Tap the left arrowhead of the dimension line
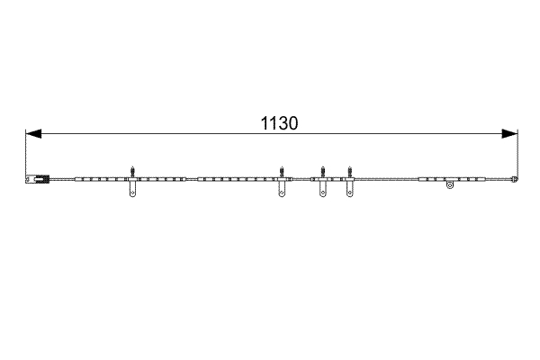[x=32, y=134]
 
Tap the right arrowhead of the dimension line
[x=510, y=134]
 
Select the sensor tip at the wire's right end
[x=514, y=179]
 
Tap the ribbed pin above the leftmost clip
[x=133, y=170]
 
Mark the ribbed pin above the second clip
[x=283, y=170]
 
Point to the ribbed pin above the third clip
[x=322, y=170]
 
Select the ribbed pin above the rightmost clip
[x=350, y=170]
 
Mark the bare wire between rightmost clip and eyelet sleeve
[x=387, y=180]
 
